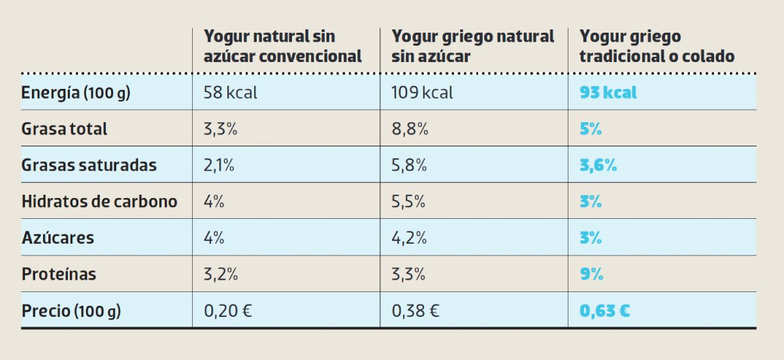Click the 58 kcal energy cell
pyautogui.click(x=231, y=93)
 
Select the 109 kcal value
pyautogui.click(x=422, y=93)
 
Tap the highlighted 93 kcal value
pyautogui.click(x=608, y=93)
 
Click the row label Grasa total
pyautogui.click(x=64, y=129)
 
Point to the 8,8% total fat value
pyautogui.click(x=410, y=129)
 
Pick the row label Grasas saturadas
pyautogui.click(x=89, y=165)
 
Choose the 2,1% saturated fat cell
pyautogui.click(x=219, y=165)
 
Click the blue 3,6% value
pyautogui.click(x=598, y=165)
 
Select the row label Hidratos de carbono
pyautogui.click(x=99, y=201)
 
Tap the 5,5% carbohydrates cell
pyautogui.click(x=409, y=201)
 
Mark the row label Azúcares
pyautogui.click(x=57, y=238)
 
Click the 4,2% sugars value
pyautogui.click(x=409, y=238)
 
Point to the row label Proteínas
pyautogui.click(x=59, y=274)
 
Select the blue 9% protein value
pyautogui.click(x=591, y=274)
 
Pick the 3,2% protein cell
pyautogui.click(x=220, y=274)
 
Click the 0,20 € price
pyautogui.click(x=228, y=311)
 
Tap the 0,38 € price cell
pyautogui.click(x=416, y=311)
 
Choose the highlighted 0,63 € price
pyautogui.click(x=604, y=311)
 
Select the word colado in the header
pyautogui.click(x=707, y=57)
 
